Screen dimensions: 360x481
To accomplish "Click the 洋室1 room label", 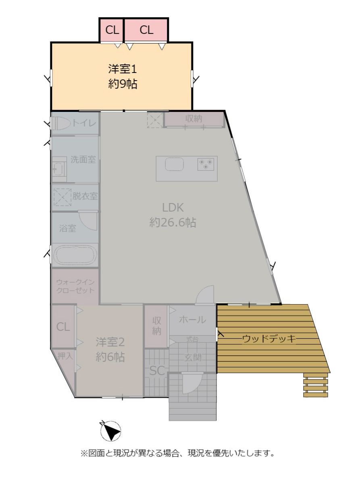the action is tap(123, 69).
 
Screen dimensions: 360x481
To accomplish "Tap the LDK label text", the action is tap(173, 208).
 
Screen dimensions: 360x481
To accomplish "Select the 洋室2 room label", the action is tap(110, 342).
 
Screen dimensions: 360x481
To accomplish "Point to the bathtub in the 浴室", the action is tap(75, 255).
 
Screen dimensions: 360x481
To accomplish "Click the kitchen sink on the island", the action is tap(174, 164).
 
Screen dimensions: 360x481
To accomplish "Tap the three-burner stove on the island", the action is tap(206, 164).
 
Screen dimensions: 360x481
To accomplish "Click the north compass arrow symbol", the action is tap(111, 431).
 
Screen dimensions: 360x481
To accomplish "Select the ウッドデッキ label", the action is tap(269, 339).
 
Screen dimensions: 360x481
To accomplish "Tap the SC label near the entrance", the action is tap(157, 371).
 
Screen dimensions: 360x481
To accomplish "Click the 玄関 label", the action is tap(193, 357).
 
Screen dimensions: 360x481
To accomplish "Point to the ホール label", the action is tap(192, 319).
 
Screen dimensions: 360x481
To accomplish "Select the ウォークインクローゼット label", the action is tap(75, 286).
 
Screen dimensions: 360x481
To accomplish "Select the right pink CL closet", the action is tap(146, 30).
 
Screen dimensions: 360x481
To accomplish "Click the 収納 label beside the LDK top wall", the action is tap(194, 118).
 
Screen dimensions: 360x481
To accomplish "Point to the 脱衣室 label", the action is tap(85, 196).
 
